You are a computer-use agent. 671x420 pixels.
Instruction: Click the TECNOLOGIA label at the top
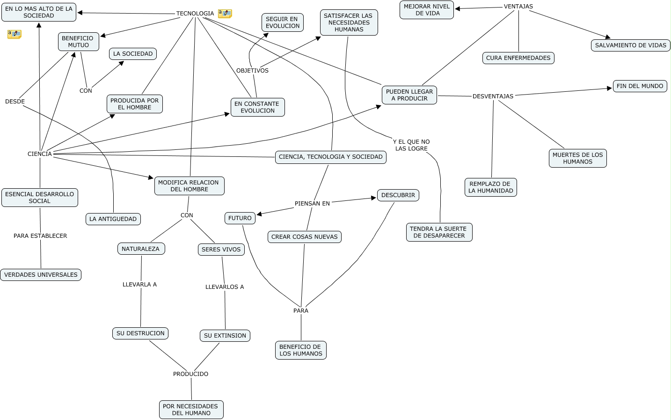click(x=195, y=14)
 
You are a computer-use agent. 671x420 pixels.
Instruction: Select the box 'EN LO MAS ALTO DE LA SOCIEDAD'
click(x=39, y=12)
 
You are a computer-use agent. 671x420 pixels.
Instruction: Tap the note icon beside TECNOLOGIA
click(x=225, y=14)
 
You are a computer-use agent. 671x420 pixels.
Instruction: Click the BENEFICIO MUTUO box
click(x=79, y=42)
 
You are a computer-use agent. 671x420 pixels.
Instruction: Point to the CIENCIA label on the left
click(x=40, y=154)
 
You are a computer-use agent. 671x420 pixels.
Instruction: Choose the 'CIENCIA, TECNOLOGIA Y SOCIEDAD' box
click(x=330, y=157)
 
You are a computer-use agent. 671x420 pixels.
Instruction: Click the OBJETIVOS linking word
click(x=252, y=71)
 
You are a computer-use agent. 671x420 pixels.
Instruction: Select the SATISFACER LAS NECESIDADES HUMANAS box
click(x=349, y=22)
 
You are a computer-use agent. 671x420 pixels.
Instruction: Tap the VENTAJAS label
click(x=518, y=7)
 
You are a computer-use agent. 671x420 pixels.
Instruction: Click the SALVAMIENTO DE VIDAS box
click(x=630, y=45)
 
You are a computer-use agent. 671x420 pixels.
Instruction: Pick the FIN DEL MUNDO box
click(x=640, y=86)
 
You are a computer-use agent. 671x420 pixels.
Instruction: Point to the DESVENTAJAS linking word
click(x=493, y=96)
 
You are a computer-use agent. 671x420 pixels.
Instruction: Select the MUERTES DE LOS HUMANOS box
click(x=577, y=158)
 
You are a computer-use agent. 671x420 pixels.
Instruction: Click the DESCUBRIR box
click(x=398, y=195)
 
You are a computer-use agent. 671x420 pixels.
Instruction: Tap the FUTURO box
click(x=240, y=218)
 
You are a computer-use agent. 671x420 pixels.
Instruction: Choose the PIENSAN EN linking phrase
click(x=312, y=204)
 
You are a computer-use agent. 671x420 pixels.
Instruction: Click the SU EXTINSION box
click(x=225, y=336)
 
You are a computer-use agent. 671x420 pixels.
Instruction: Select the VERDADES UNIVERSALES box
click(x=41, y=275)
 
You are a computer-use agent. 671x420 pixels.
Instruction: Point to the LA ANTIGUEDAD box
click(x=113, y=219)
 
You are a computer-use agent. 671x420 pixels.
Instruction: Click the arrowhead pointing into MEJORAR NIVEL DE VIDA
click(x=458, y=8)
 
